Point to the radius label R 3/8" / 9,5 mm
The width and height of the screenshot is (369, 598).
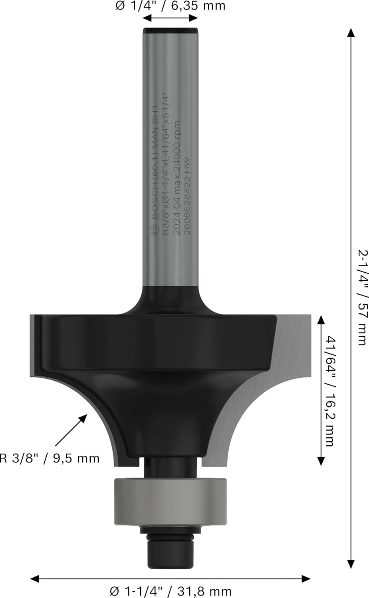[50, 458]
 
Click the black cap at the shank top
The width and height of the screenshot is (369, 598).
[171, 30]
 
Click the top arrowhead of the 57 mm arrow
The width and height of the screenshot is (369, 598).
[351, 33]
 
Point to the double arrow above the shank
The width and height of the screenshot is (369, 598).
[171, 18]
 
